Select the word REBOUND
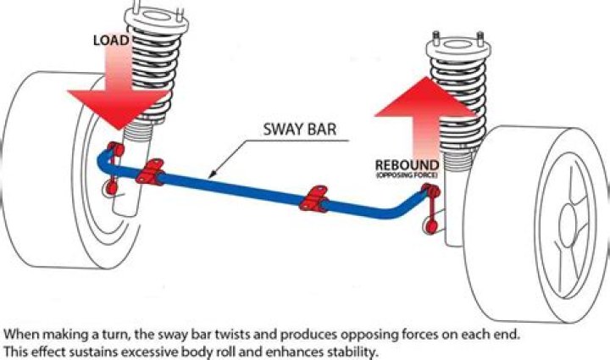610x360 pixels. pos(407,164)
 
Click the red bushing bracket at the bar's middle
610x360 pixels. pos(316,200)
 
